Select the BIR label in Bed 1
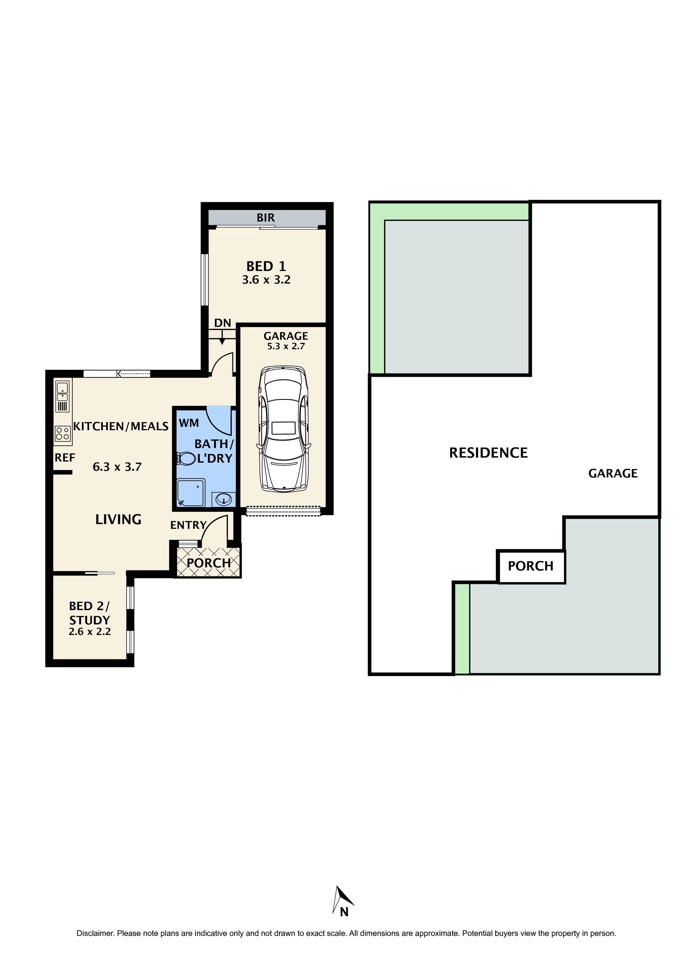(265, 218)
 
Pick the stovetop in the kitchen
(62, 434)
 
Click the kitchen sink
(62, 392)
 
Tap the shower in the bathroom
(191, 493)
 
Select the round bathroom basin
(223, 498)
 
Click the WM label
(189, 423)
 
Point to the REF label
(65, 458)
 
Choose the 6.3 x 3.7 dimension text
(117, 467)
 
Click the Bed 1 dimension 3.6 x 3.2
(266, 280)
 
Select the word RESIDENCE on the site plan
(488, 453)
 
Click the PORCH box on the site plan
(530, 566)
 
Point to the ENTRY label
(188, 525)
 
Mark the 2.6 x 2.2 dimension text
(90, 632)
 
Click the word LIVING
(118, 519)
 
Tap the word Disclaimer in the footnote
(95, 933)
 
